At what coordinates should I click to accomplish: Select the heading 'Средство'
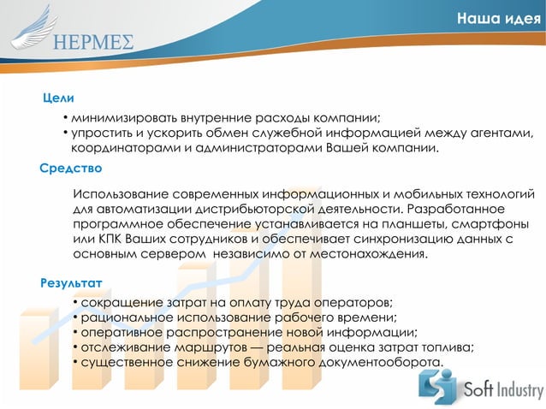coord(71,168)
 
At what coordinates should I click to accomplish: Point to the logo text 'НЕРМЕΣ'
coord(92,44)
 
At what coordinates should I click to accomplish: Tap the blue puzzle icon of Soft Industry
coord(437,388)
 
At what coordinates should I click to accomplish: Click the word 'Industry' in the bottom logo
coord(515,391)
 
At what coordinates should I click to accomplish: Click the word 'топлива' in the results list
coord(443,347)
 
